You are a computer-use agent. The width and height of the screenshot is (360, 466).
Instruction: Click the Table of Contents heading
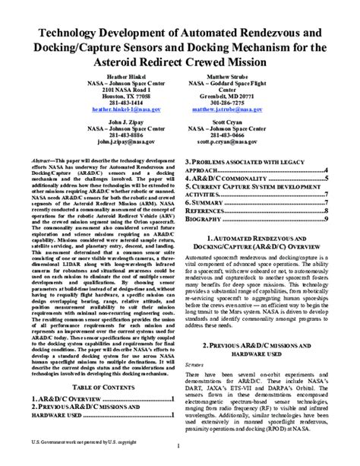[x=98, y=387]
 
